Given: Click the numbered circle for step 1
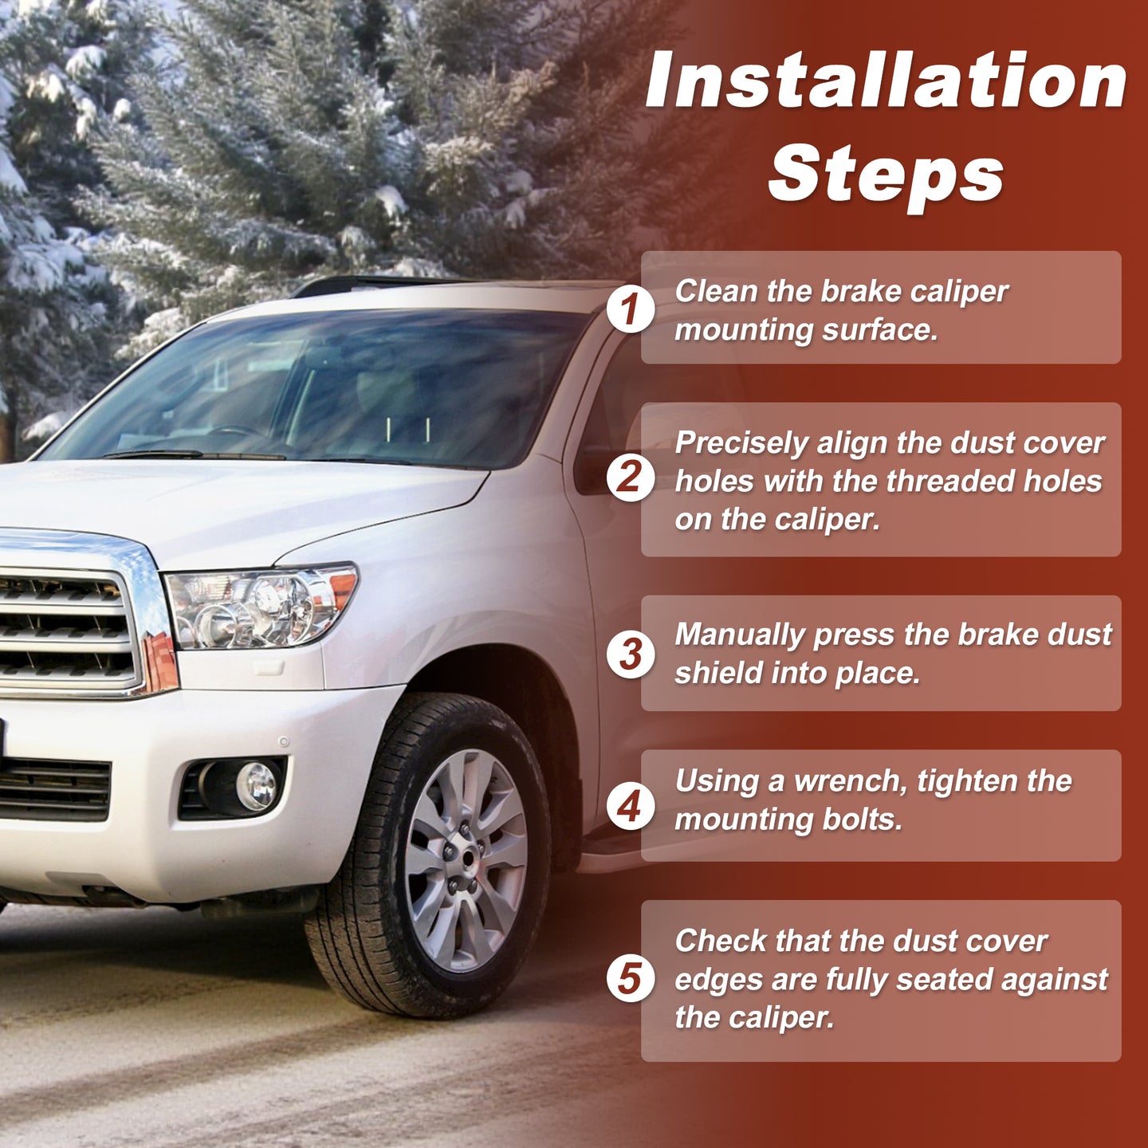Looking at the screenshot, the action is [631, 309].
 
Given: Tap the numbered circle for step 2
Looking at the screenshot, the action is [631, 478].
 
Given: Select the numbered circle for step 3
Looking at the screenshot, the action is [631, 654].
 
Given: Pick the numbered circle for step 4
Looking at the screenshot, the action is [631, 807].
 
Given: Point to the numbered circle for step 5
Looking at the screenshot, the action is [631, 978].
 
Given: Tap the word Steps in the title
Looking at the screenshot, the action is [887, 176].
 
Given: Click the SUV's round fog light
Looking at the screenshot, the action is [256, 785].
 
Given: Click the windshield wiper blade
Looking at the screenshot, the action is [194, 455].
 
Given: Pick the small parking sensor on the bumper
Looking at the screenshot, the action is [284, 741].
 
